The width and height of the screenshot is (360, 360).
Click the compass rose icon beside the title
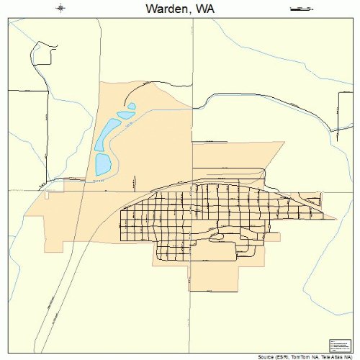61,8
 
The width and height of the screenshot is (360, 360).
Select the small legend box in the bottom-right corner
338,345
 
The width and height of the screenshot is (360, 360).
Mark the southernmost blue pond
103,164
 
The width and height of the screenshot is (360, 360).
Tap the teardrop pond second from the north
126,114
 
